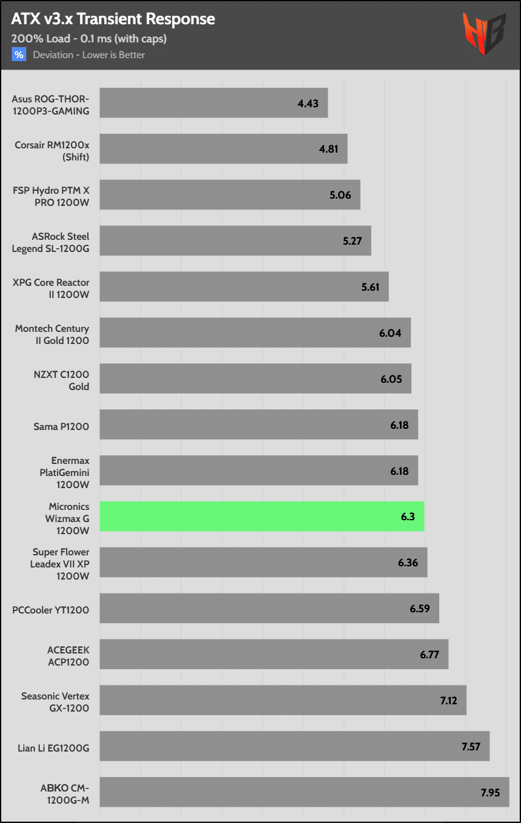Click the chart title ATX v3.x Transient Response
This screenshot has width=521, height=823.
[113, 19]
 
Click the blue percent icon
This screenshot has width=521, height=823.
[19, 55]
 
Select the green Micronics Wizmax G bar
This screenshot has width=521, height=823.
[261, 517]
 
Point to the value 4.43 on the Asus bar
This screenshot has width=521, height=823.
[308, 103]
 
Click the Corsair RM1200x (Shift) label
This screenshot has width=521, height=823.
[52, 149]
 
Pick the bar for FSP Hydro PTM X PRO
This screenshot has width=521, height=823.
[230, 195]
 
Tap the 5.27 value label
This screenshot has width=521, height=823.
[352, 241]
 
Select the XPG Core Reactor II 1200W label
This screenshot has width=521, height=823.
[51, 287]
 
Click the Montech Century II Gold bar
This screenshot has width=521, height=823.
[255, 332]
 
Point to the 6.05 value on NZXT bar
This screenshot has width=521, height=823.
[391, 379]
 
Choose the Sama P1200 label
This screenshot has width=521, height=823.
[61, 426]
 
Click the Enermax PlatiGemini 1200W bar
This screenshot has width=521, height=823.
[259, 471]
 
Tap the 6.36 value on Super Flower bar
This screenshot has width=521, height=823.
[408, 563]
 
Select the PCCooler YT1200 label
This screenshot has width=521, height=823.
[51, 610]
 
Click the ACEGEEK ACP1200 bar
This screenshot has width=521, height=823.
[274, 654]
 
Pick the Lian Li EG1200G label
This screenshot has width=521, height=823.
[54, 748]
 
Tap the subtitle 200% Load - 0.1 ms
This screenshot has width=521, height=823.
[88, 38]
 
